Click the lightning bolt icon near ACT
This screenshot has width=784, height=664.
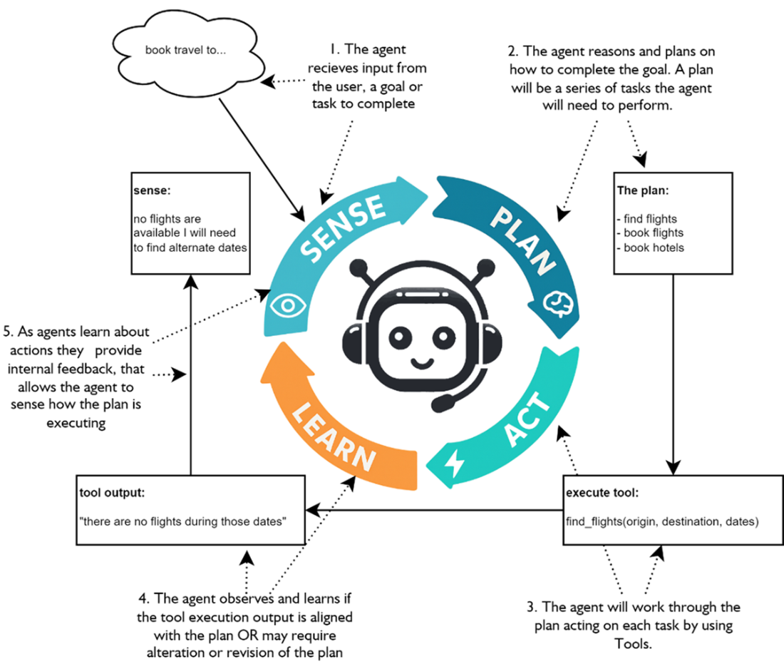453,464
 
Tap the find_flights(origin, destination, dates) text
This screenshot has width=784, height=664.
662,522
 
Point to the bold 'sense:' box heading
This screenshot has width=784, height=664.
150,192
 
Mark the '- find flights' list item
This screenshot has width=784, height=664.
651,219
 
